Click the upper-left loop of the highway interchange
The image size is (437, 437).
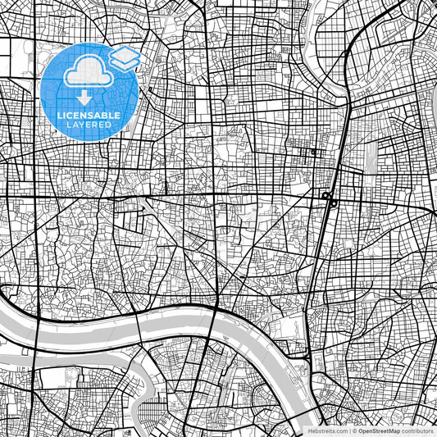(x=325, y=195)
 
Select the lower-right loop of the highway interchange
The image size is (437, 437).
(x=333, y=203)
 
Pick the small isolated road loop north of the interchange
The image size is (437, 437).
(x=314, y=152)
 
